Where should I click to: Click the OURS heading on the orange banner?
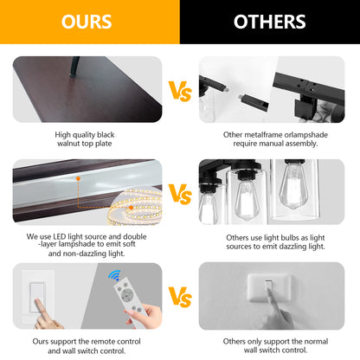pyautogui.click(x=87, y=22)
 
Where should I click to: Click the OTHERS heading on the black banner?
pyautogui.click(x=270, y=22)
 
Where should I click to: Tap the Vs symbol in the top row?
pyautogui.click(x=180, y=91)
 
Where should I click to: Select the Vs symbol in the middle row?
pyautogui.click(x=180, y=194)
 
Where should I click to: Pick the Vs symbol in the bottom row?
pyautogui.click(x=180, y=297)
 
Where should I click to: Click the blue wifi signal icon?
pyautogui.click(x=115, y=275)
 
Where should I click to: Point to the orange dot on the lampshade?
pyautogui.click(x=78, y=179)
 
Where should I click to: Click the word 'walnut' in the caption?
pyautogui.click(x=68, y=144)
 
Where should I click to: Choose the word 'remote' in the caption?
pyautogui.click(x=102, y=342)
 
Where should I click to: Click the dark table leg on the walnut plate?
pyautogui.click(x=74, y=67)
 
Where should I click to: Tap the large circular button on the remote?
pyautogui.click(x=126, y=295)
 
